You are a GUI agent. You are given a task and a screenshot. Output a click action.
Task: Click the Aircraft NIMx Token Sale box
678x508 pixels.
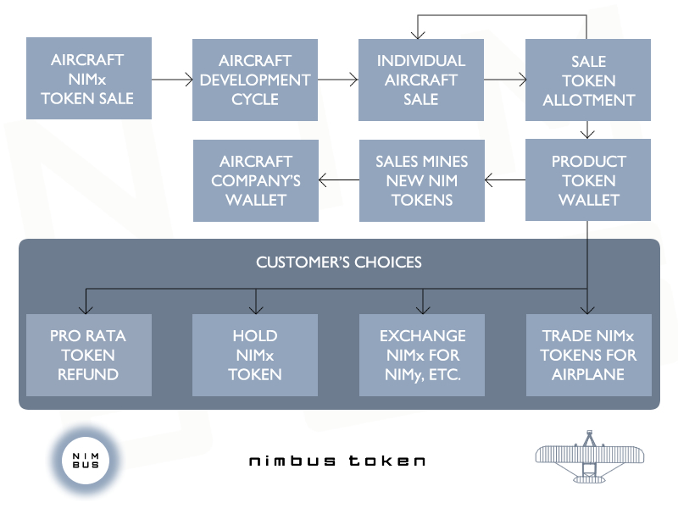click(89, 78)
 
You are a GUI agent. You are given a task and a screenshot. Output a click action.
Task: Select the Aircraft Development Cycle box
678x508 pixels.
click(255, 80)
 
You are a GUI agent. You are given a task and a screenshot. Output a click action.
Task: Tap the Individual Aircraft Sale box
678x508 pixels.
click(420, 80)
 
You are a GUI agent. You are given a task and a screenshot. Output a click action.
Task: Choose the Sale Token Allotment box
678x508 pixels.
click(587, 80)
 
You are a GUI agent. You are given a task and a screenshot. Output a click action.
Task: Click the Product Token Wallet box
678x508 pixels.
click(587, 179)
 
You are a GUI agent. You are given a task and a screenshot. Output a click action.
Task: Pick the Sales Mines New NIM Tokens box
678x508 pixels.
click(421, 180)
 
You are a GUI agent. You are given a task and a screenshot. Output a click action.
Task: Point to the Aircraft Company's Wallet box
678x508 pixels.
click(256, 180)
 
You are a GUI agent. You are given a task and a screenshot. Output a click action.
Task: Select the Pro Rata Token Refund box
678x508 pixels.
click(89, 355)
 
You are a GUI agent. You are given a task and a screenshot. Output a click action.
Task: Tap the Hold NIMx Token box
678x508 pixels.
click(255, 355)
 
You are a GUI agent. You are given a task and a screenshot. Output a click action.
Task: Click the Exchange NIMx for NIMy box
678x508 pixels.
click(421, 355)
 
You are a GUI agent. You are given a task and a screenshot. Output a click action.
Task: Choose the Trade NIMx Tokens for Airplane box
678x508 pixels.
click(588, 355)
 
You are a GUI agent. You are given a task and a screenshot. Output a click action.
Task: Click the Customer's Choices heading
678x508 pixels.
click(338, 262)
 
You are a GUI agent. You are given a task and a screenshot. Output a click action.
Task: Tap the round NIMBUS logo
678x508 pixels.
click(86, 461)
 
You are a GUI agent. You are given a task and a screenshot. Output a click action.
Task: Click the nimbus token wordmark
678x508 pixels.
click(336, 461)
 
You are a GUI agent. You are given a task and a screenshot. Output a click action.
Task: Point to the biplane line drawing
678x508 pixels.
click(589, 456)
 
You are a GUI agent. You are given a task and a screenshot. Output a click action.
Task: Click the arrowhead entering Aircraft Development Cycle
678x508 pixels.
click(189, 80)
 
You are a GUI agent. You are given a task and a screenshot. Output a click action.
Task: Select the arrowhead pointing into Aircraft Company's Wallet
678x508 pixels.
click(322, 179)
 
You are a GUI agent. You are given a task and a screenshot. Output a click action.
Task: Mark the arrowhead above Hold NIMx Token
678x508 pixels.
click(256, 310)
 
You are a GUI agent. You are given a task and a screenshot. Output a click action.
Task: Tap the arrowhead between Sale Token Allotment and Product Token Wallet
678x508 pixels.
click(587, 135)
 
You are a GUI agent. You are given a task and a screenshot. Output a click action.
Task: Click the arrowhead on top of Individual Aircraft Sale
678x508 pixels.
click(418, 36)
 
